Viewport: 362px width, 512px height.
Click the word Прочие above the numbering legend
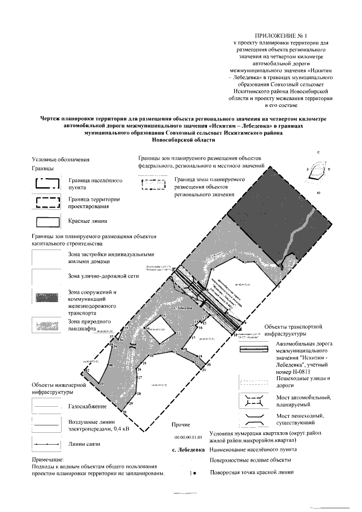click(x=179, y=424)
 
